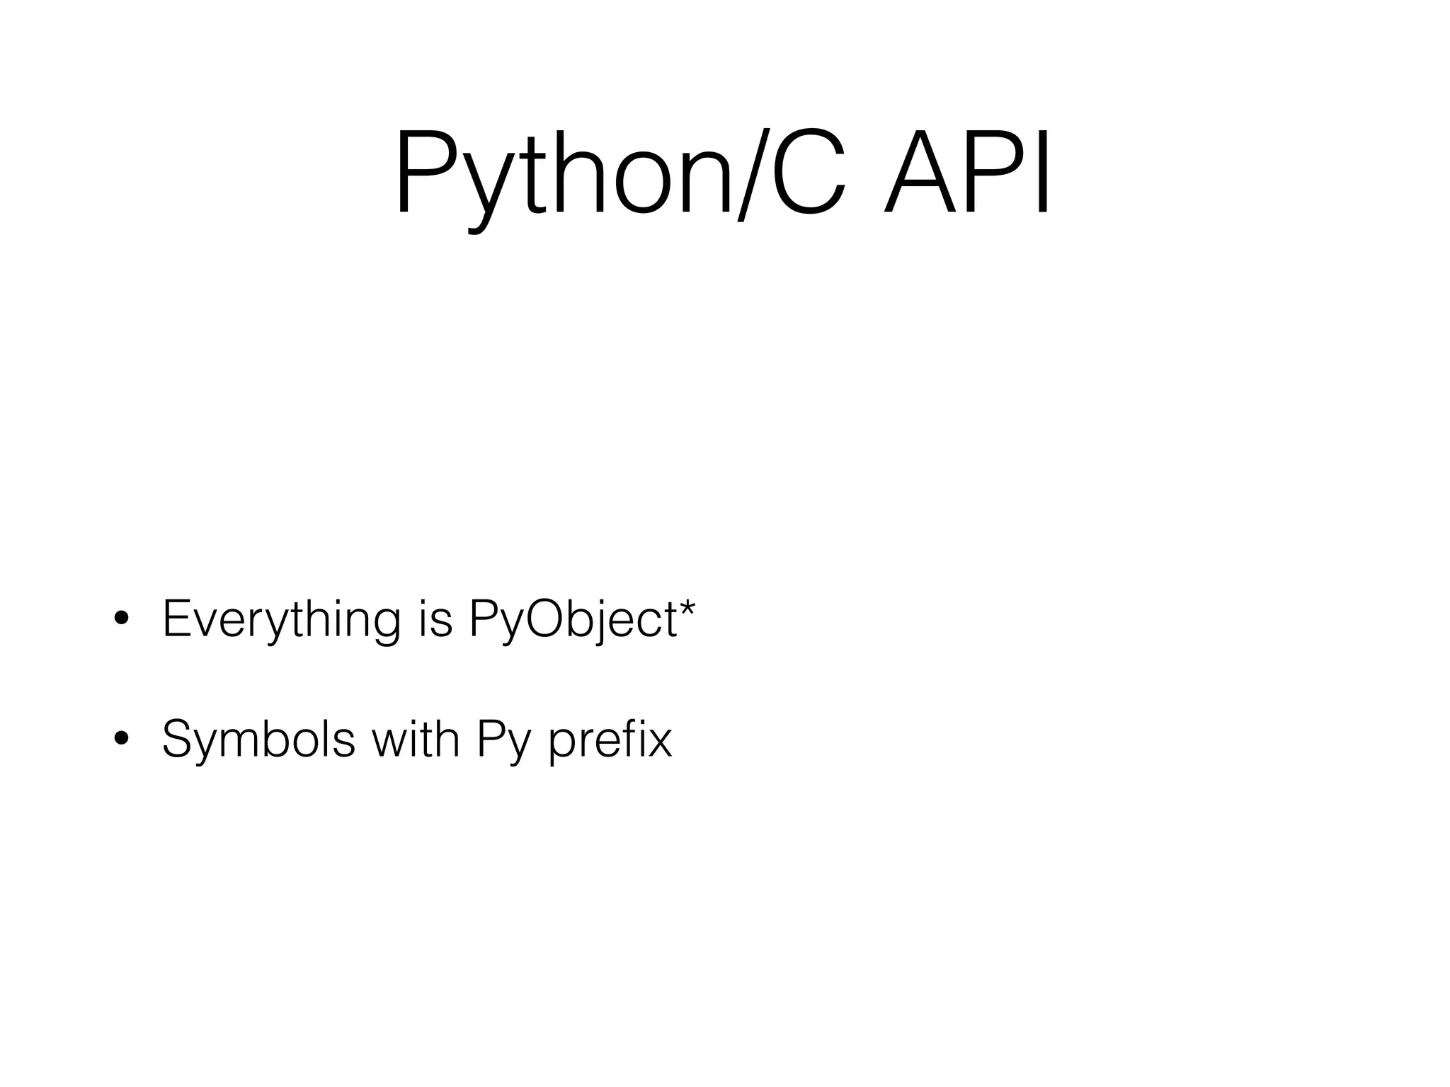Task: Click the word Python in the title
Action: pos(563,173)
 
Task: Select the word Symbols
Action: pos(258,740)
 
